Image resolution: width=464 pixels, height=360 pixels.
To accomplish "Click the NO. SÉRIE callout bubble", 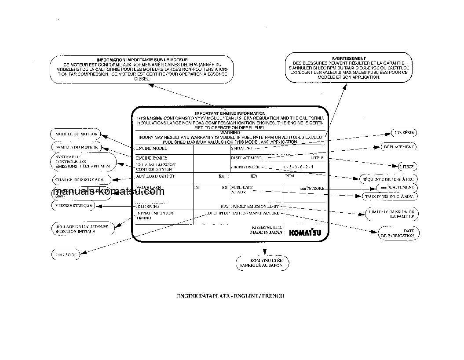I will (x=404, y=132).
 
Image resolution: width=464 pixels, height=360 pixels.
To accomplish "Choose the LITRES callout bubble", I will (x=405, y=167).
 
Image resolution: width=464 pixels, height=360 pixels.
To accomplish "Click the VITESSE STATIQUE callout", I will (x=73, y=205).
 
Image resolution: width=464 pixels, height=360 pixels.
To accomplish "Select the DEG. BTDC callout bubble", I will (x=66, y=255).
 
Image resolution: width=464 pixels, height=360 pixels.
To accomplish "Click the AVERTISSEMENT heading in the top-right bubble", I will (x=348, y=58).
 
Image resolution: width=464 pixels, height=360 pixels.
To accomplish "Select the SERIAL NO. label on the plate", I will (x=241, y=149).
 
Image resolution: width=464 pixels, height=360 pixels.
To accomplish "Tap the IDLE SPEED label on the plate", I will (x=147, y=206).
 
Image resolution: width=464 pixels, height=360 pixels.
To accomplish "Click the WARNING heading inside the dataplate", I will (x=230, y=132).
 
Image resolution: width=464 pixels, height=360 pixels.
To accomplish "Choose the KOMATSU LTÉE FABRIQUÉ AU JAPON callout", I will (x=263, y=263).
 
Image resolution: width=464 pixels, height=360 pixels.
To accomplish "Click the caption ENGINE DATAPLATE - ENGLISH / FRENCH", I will (x=230, y=296).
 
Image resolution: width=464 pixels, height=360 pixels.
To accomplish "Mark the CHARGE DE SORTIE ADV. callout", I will (x=79, y=179).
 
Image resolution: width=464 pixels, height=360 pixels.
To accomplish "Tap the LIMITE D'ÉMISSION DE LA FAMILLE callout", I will (x=391, y=214).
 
